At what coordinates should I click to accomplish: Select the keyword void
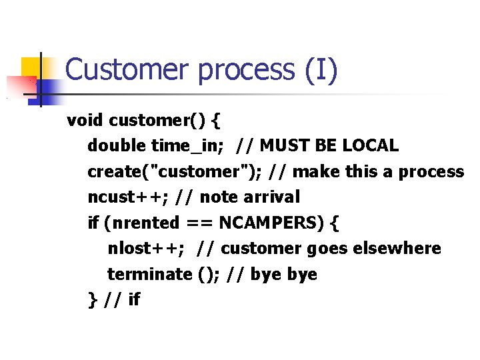pos(85,121)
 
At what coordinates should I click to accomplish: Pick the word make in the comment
pos(317,171)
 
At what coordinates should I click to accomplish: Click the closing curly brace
pos(92,299)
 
